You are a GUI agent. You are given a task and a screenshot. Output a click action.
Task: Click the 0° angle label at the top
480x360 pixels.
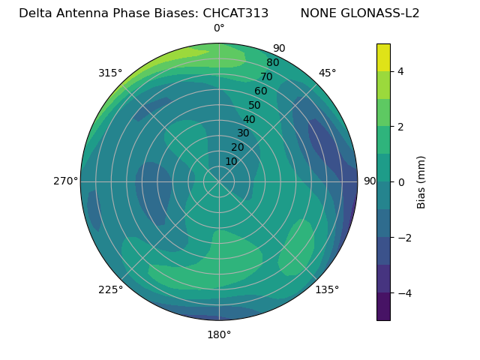tap(219, 28)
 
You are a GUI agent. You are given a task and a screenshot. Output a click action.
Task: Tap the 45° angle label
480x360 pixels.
tap(327, 73)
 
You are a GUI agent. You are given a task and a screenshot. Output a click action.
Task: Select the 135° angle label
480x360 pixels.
tap(327, 289)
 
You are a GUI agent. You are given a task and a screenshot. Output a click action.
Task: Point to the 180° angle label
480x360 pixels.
tap(219, 334)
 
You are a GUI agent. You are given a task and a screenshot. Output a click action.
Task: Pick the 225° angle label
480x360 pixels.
tap(110, 289)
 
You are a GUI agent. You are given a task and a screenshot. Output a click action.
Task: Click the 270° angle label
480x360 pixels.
tap(65, 181)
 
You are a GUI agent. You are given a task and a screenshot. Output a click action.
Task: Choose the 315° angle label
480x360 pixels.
tap(110, 73)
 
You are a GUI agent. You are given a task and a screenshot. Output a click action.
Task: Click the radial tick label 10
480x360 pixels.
tap(231, 161)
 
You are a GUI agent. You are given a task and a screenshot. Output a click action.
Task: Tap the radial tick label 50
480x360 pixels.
tap(254, 105)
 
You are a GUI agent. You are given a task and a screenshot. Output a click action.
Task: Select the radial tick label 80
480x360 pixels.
tap(272, 62)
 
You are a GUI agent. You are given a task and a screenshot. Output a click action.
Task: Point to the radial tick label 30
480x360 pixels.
tap(243, 133)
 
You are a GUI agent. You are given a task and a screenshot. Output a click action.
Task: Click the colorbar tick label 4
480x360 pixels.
tap(400, 71)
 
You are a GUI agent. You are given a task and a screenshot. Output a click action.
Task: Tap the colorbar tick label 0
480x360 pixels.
tap(400, 182)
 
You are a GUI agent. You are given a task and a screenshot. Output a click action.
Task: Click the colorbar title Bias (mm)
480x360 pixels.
tap(421, 182)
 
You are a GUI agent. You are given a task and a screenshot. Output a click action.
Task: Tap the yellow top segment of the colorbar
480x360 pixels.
tap(383, 57)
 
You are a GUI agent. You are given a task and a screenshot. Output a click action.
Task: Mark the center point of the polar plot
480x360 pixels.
tap(219, 181)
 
